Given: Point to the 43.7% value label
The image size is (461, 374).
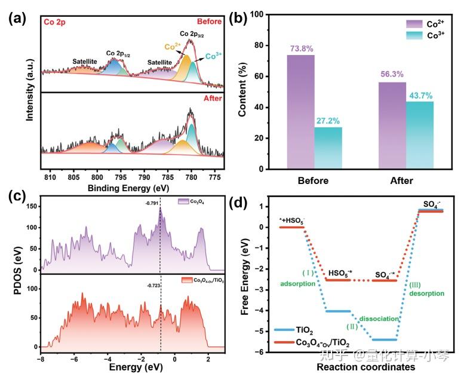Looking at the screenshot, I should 422,95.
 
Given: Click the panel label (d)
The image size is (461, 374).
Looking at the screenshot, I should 239,203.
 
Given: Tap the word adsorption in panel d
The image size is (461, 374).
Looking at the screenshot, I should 299,284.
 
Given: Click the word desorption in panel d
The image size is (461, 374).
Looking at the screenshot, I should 427,293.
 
